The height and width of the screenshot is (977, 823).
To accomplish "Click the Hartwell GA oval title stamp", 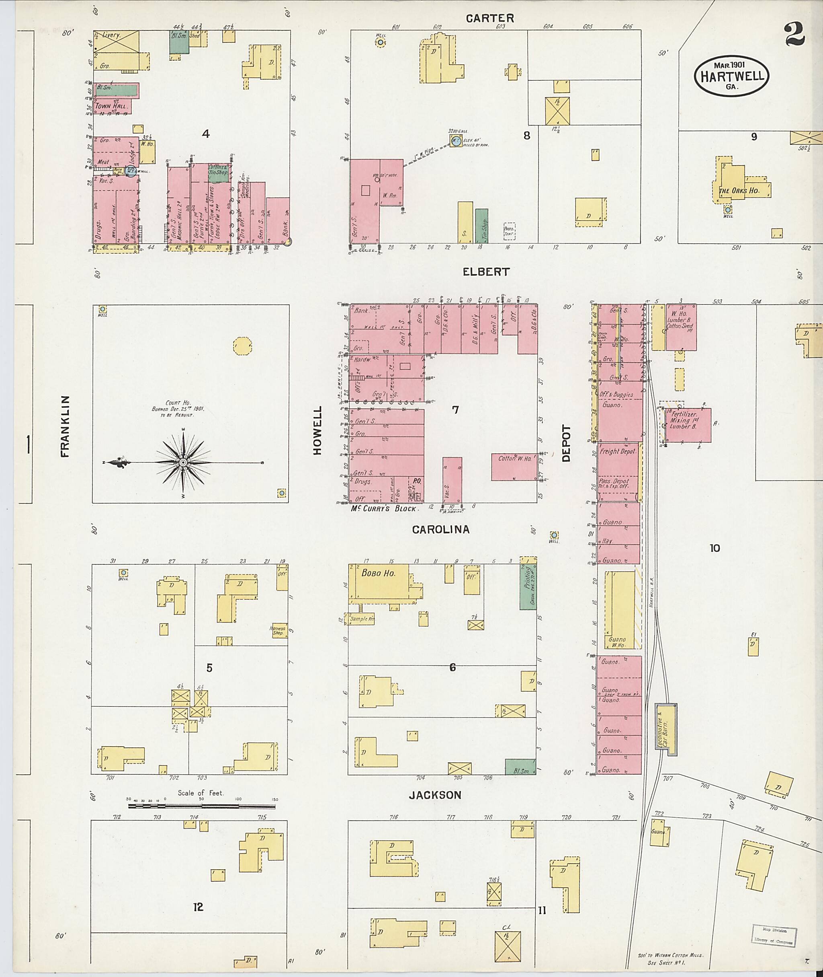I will point(731,76).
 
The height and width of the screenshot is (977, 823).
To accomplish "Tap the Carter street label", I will point(490,18).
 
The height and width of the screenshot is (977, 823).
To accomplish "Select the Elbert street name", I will point(486,272).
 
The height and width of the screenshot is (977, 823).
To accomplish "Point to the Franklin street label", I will point(65,426).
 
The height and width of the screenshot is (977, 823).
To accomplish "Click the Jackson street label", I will point(435,795).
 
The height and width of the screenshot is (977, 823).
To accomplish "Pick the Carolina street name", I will point(440,530).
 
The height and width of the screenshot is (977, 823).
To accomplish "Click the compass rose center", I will point(183,462).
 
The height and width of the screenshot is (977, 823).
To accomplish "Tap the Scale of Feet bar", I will point(203,806).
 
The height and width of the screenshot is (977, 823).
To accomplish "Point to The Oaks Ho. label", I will point(739,191).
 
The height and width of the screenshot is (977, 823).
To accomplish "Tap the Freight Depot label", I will point(618,452).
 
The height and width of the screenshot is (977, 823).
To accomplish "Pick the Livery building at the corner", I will point(116,41).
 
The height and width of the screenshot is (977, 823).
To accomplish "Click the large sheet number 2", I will point(794,34).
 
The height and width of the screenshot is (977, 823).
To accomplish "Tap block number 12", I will point(198,907).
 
